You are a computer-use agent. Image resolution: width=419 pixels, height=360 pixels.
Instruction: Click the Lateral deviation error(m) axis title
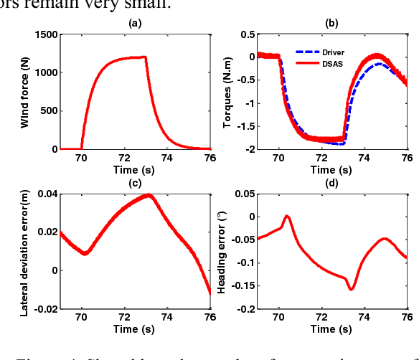point(24,252)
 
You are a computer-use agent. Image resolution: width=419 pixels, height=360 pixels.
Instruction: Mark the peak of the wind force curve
point(146,57)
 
